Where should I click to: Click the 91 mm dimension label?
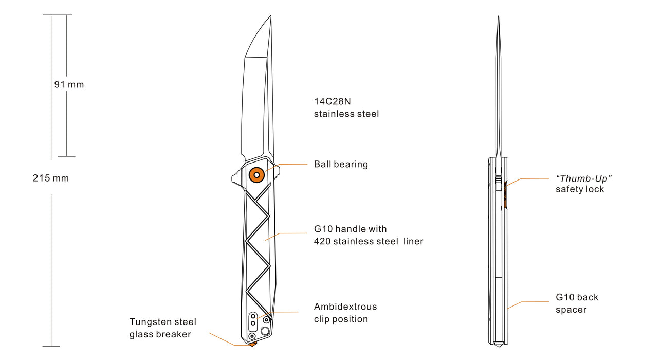[x=69, y=84]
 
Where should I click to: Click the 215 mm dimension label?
[x=51, y=178]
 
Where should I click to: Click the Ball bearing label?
[x=341, y=165]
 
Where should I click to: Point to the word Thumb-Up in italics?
[x=584, y=178]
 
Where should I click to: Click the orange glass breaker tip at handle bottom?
[x=252, y=343]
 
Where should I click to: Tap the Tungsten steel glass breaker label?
[x=162, y=328]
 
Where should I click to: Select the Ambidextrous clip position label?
[x=345, y=313]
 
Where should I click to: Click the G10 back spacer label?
[x=577, y=303]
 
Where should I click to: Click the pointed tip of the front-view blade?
[x=270, y=17]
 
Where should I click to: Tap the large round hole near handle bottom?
[x=265, y=331]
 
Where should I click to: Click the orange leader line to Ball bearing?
[x=293, y=165]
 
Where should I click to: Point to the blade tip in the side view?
[x=498, y=18]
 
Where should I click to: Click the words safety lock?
[x=580, y=189]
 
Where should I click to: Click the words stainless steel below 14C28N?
[x=346, y=114]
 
